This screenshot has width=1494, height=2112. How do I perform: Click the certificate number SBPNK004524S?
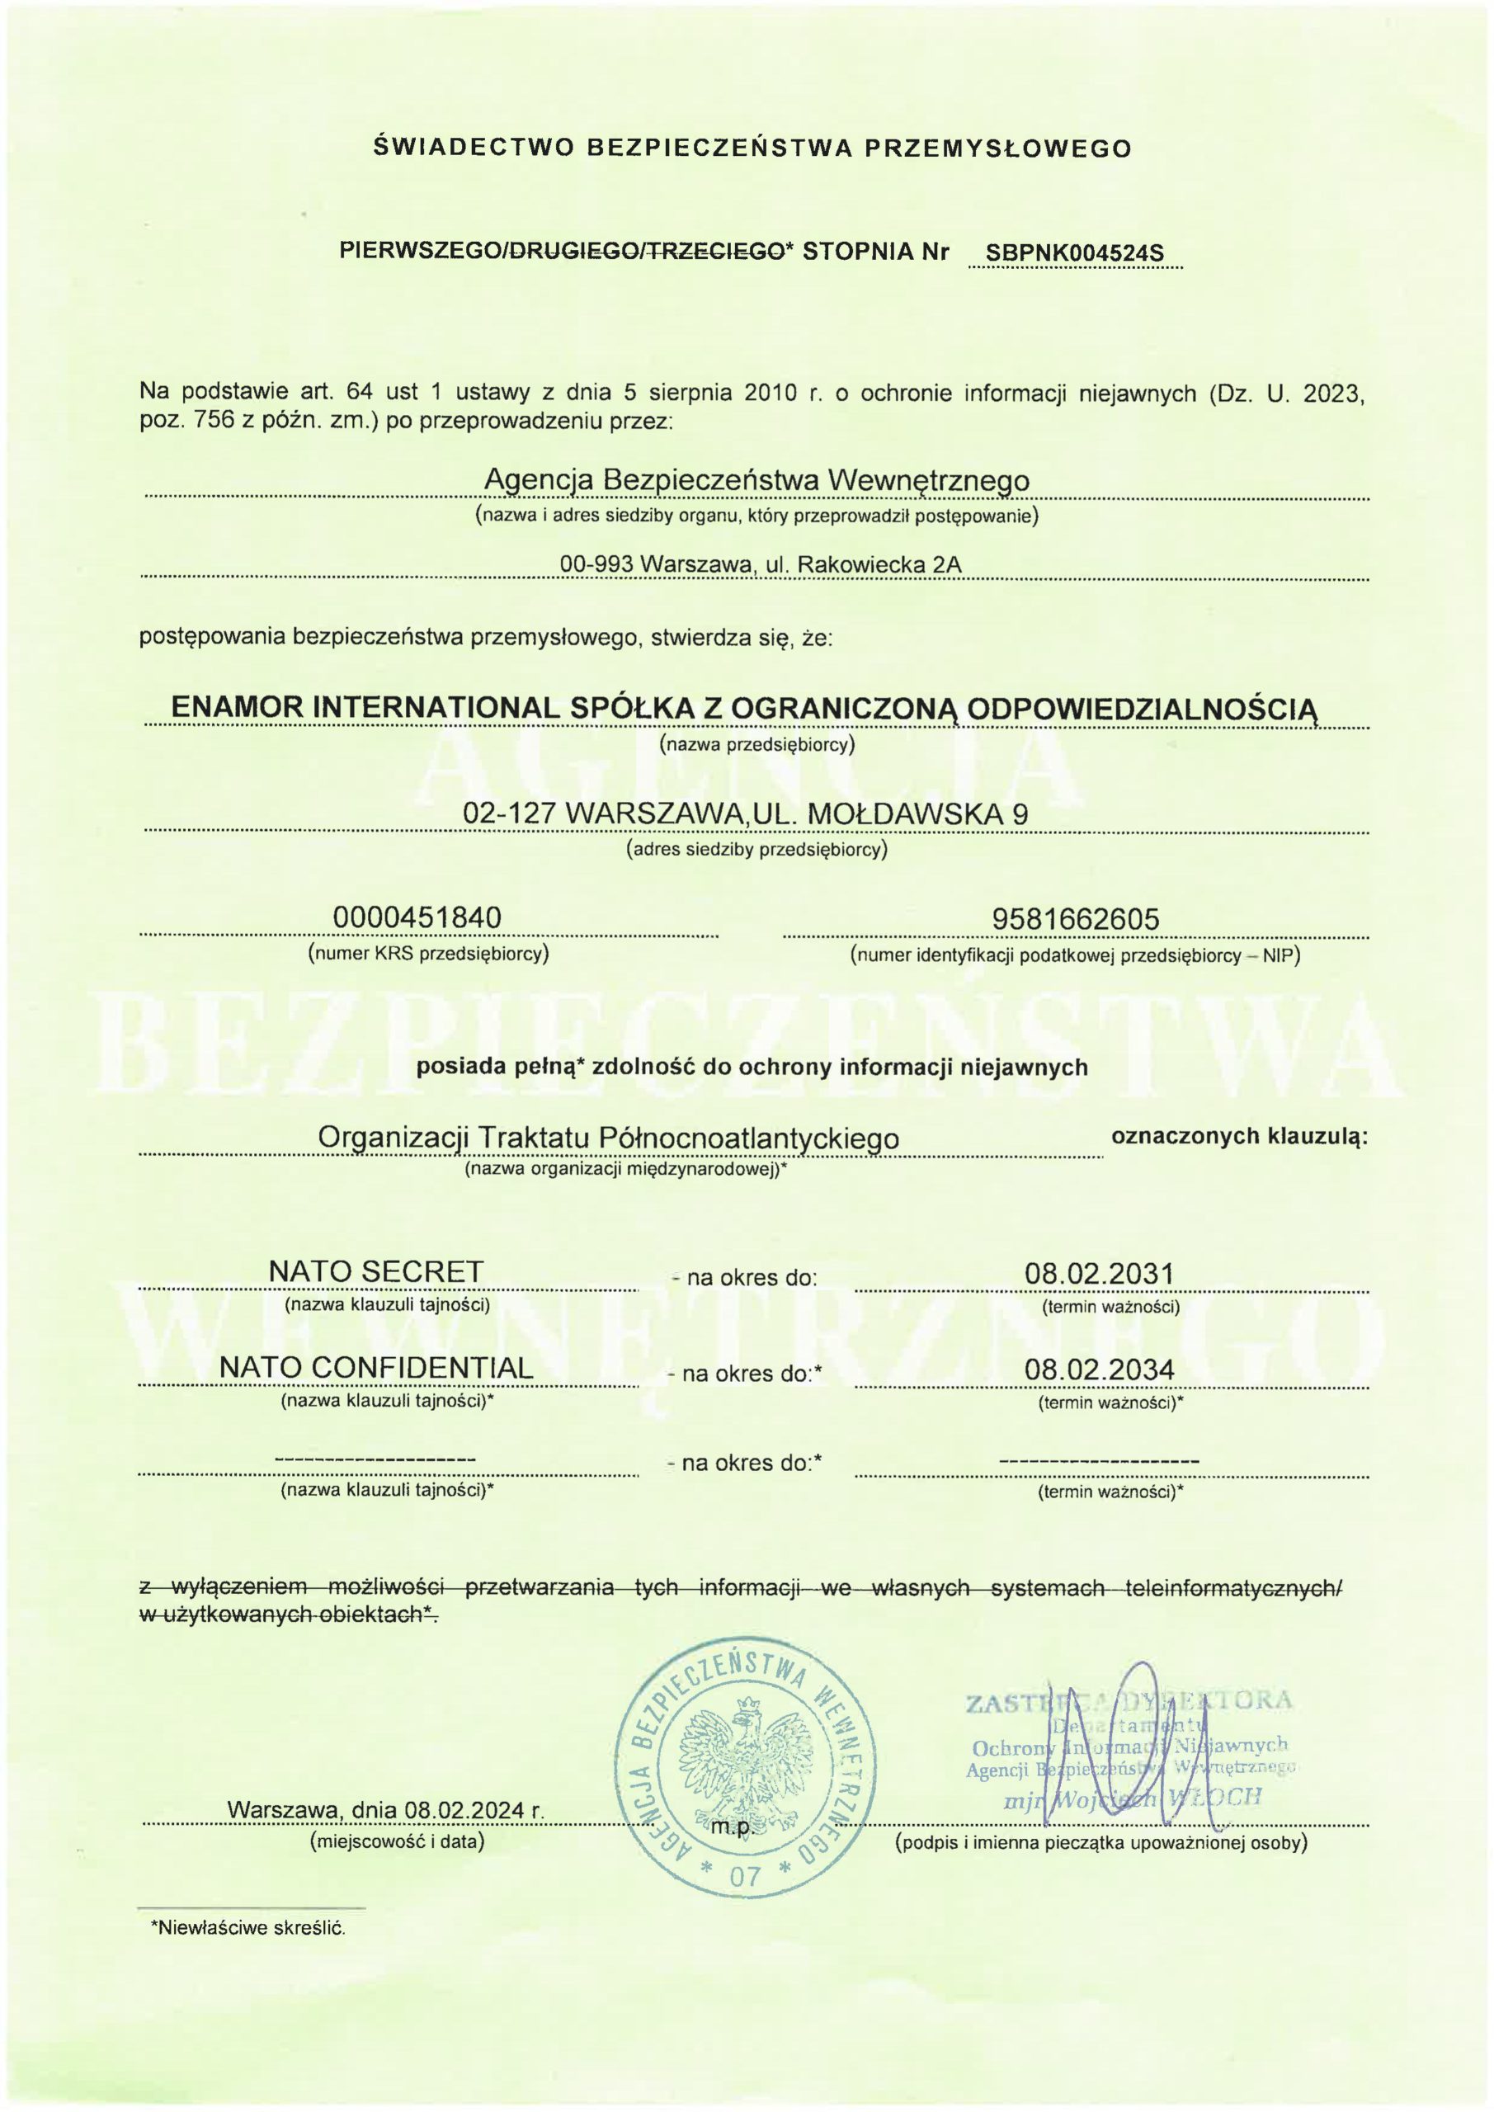coord(1074,253)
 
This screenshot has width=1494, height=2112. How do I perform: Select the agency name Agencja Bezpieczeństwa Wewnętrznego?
coord(756,480)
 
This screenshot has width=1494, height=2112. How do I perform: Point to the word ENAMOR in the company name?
coord(238,706)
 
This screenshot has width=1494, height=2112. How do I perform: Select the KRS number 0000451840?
coord(417,917)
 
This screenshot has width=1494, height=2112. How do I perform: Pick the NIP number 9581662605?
coord(1076,919)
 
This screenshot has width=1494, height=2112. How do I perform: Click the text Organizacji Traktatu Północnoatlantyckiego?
coord(608,1138)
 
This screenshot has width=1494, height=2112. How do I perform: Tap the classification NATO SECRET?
coord(375,1271)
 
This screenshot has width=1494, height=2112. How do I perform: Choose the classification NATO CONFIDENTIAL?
coord(376,1368)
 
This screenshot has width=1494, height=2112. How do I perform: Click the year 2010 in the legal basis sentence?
coord(769,393)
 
